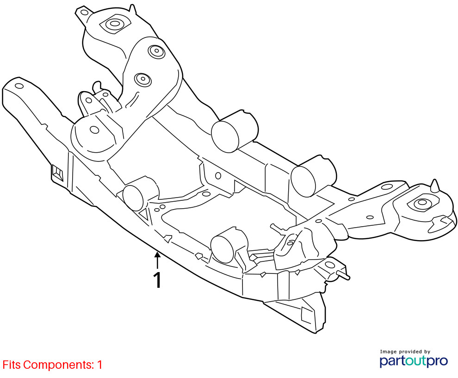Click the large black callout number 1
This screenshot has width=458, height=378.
tap(157, 280)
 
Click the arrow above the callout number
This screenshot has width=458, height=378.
tap(157, 260)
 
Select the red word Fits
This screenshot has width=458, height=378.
tap(12, 365)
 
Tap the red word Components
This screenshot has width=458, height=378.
tap(58, 365)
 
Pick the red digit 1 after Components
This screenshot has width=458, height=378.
tap(100, 365)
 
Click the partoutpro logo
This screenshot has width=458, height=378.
tap(413, 361)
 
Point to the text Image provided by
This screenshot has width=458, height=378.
tap(405, 352)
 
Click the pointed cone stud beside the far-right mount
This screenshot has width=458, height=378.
tap(435, 186)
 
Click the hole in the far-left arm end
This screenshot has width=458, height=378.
tap(19, 86)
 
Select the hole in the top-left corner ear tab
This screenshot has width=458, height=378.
tap(84, 12)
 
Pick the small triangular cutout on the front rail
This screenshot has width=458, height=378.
tap(144, 215)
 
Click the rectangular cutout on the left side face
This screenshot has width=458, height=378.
tap(57, 173)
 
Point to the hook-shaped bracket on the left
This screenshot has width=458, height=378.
tap(97, 87)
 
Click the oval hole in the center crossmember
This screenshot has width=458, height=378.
tap(218, 175)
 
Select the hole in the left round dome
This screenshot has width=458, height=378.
tap(94, 130)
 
